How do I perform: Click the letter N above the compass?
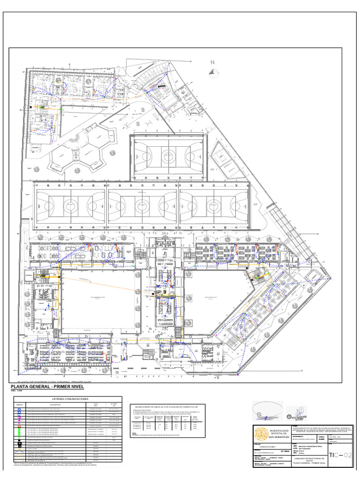point(212,62)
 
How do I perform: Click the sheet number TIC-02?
point(340,455)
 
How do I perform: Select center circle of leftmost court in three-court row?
point(70,205)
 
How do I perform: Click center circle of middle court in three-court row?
point(142,205)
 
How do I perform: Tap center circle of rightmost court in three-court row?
point(213,205)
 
